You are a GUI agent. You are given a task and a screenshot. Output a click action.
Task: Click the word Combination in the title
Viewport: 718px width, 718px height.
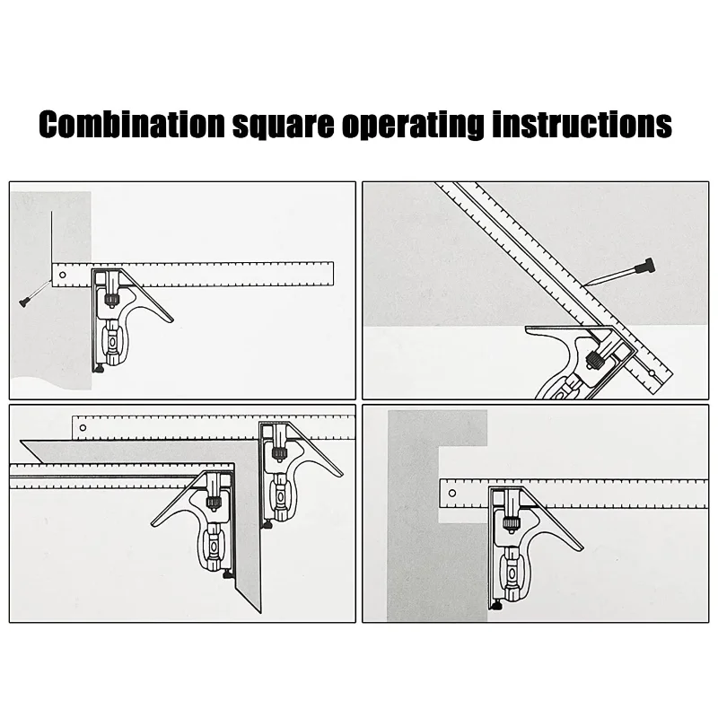pos(132,124)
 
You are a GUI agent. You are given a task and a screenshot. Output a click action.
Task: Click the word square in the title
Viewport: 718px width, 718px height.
pos(284,126)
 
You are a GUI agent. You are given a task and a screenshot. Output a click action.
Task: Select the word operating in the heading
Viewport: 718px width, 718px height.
pos(413,126)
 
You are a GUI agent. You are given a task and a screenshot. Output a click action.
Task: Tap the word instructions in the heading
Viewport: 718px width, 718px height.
pos(582,124)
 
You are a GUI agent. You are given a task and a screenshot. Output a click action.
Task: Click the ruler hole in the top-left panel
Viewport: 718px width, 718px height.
pos(63,276)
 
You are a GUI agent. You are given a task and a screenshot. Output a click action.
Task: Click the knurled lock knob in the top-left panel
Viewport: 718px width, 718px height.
pos(112,300)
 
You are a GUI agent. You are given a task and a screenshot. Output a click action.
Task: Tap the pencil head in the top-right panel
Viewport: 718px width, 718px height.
pos(648,266)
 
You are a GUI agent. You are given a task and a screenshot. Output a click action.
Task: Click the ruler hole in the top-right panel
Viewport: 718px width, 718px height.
pos(652,373)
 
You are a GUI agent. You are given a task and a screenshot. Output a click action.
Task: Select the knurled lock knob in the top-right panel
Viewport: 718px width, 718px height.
pos(596,359)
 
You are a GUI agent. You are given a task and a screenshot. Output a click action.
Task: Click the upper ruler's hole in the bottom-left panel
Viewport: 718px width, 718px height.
pos(83,428)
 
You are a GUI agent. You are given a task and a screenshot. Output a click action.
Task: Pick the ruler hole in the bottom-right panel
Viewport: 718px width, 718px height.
pos(452,493)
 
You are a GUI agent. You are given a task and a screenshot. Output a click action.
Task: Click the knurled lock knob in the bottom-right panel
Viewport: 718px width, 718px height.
pos(510,523)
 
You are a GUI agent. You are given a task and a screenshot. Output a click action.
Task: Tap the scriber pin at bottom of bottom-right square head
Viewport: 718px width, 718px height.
pos(497,605)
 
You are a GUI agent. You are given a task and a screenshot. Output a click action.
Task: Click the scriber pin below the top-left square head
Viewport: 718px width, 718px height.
pos(100,368)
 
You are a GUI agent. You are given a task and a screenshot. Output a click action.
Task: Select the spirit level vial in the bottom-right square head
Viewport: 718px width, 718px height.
pos(512,574)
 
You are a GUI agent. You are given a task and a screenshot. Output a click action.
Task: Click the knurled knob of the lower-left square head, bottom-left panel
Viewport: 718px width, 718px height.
pos(212,503)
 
